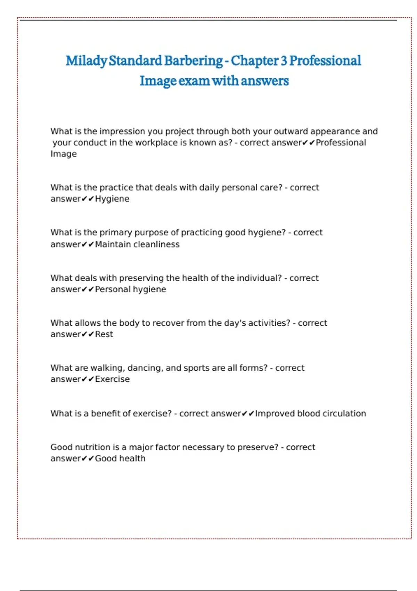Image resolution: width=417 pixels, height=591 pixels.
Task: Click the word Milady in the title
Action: (x=86, y=61)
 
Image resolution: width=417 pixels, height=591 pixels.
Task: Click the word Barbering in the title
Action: (x=193, y=61)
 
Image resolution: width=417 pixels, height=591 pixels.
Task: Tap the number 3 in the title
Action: (x=284, y=61)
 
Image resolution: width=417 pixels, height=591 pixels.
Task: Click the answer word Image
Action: (x=64, y=154)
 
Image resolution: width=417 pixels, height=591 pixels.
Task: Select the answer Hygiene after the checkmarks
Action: (x=112, y=199)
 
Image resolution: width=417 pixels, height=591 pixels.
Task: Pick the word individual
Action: (x=259, y=278)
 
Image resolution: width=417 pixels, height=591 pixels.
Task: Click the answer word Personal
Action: (x=113, y=289)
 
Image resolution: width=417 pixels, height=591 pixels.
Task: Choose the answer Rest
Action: (x=104, y=334)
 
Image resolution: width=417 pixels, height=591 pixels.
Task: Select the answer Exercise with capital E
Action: (x=112, y=379)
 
